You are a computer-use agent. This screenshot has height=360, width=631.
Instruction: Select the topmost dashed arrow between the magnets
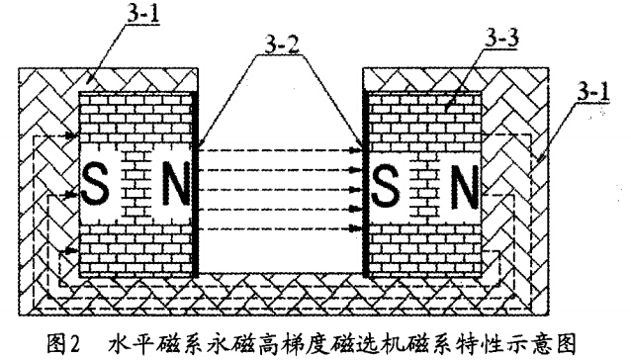coord(280,150)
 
